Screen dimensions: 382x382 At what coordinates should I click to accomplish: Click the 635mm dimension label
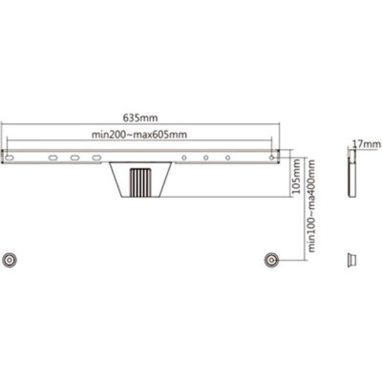(x=140, y=117)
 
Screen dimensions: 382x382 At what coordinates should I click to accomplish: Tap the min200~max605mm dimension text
(x=139, y=135)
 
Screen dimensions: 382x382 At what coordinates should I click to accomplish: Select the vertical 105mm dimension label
(x=296, y=177)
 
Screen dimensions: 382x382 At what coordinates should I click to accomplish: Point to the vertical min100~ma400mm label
(x=311, y=206)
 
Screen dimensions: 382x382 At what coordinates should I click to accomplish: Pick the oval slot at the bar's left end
(x=10, y=158)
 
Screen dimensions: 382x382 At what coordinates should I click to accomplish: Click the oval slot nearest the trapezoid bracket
(x=96, y=158)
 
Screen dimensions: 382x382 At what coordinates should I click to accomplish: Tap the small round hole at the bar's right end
(x=271, y=158)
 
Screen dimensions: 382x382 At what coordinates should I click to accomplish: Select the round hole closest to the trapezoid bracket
(x=184, y=158)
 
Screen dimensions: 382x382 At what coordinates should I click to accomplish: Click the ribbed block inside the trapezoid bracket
(x=139, y=183)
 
